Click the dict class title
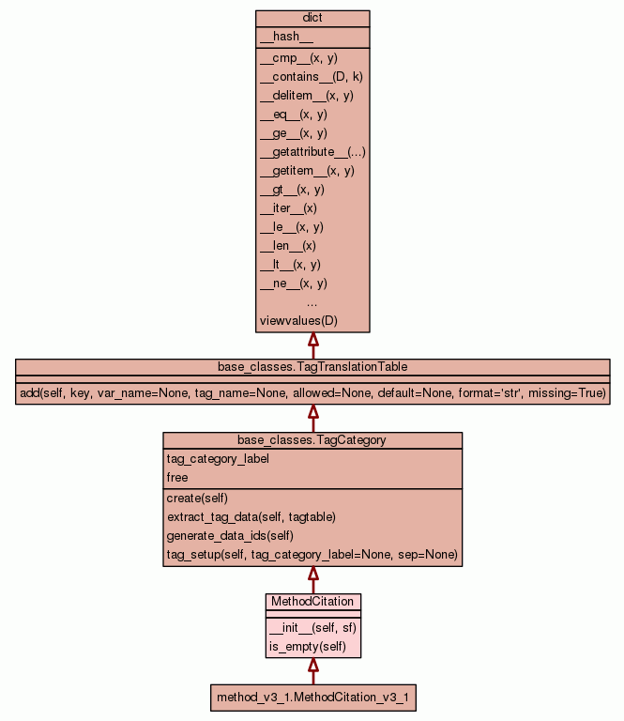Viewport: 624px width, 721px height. [x=312, y=19]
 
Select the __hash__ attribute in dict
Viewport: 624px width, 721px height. [x=280, y=37]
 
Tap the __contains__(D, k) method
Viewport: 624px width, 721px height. [x=311, y=77]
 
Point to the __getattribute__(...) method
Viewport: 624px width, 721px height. [x=312, y=152]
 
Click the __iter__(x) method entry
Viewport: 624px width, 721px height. [x=288, y=208]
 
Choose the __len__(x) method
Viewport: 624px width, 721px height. [x=288, y=246]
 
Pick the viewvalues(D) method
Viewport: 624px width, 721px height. [x=298, y=321]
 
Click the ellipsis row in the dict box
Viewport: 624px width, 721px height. [x=312, y=302]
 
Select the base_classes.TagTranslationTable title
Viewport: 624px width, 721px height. [x=312, y=366]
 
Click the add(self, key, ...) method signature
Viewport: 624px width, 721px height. [x=312, y=393]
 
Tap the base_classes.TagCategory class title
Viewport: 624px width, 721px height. [x=312, y=439]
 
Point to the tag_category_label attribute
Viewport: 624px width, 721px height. [x=218, y=459]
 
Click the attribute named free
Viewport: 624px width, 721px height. [x=177, y=478]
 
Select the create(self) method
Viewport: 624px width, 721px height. [x=197, y=499]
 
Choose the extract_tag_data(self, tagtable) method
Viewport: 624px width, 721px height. [x=251, y=517]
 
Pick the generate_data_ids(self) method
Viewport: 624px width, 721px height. [x=230, y=536]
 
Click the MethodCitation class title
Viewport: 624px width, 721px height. [x=312, y=601]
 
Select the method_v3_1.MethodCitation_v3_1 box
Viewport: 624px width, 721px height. [x=313, y=698]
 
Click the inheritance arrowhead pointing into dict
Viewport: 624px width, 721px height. [x=313, y=340]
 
